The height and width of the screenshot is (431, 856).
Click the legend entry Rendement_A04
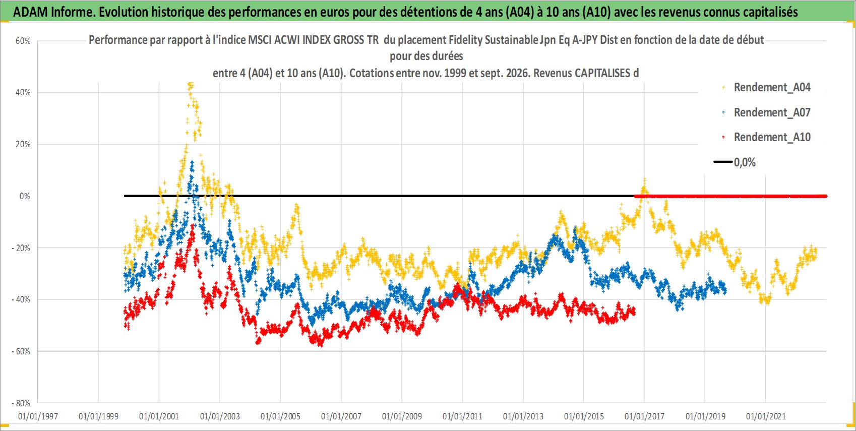(x=772, y=88)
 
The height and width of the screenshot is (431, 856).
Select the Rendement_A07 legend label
(x=772, y=112)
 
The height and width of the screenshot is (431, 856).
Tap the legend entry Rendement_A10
(x=772, y=137)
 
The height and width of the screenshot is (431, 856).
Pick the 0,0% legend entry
(x=745, y=162)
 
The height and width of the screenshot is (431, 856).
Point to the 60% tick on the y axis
(x=23, y=41)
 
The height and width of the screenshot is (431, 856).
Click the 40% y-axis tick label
(x=23, y=92)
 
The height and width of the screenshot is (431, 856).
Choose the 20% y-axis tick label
(x=23, y=145)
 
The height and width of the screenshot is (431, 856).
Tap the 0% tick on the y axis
(x=25, y=196)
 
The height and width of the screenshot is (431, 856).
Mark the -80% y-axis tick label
(x=21, y=403)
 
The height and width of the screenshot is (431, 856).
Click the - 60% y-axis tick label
(x=21, y=351)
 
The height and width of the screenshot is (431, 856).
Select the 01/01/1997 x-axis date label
(x=38, y=416)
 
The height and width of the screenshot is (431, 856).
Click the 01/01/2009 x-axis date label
(x=402, y=416)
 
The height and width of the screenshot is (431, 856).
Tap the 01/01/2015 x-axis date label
(x=584, y=416)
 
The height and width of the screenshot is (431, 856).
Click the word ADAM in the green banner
(x=30, y=12)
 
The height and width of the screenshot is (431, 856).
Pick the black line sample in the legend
(x=723, y=162)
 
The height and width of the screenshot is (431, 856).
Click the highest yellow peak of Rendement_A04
(x=191, y=84)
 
